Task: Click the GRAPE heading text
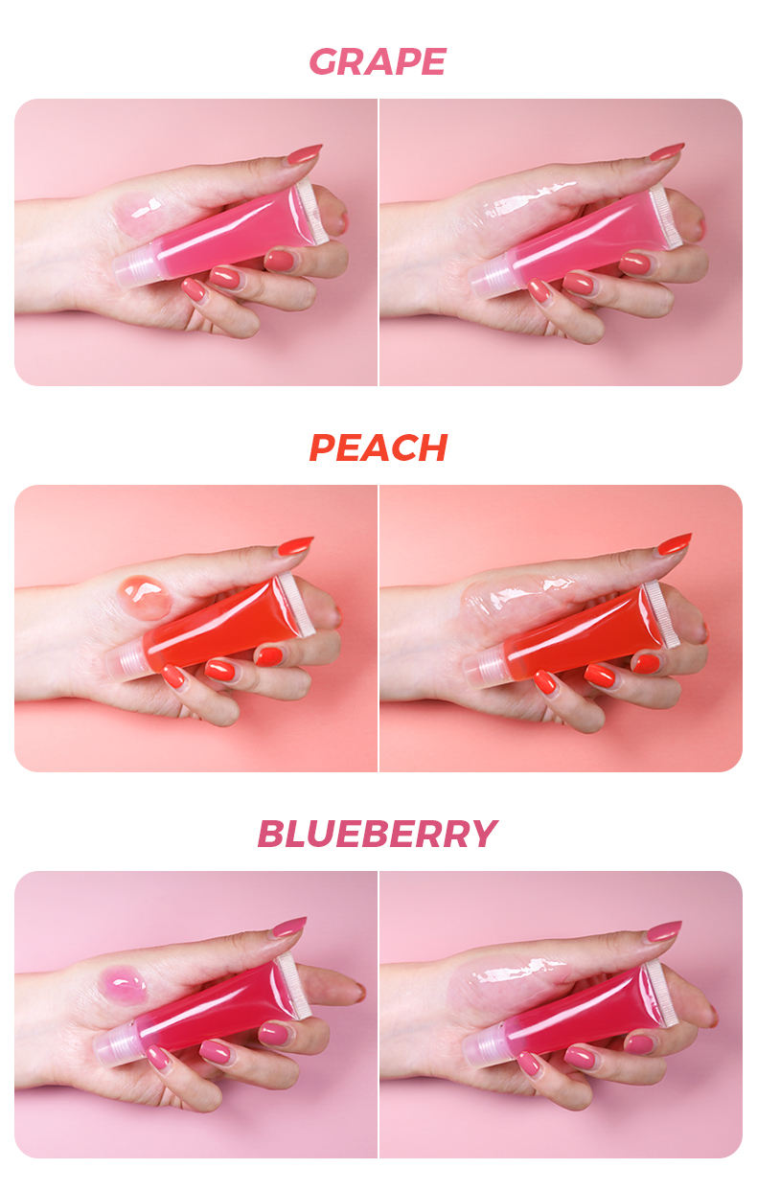[x=378, y=62]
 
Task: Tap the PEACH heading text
[x=378, y=447]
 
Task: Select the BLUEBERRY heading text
[x=378, y=834]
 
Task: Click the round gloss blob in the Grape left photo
[x=140, y=215]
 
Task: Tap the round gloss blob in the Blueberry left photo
[x=125, y=985]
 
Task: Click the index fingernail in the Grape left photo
[x=303, y=154]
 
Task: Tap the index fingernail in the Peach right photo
[x=674, y=544]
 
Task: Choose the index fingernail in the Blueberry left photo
[x=288, y=927]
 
